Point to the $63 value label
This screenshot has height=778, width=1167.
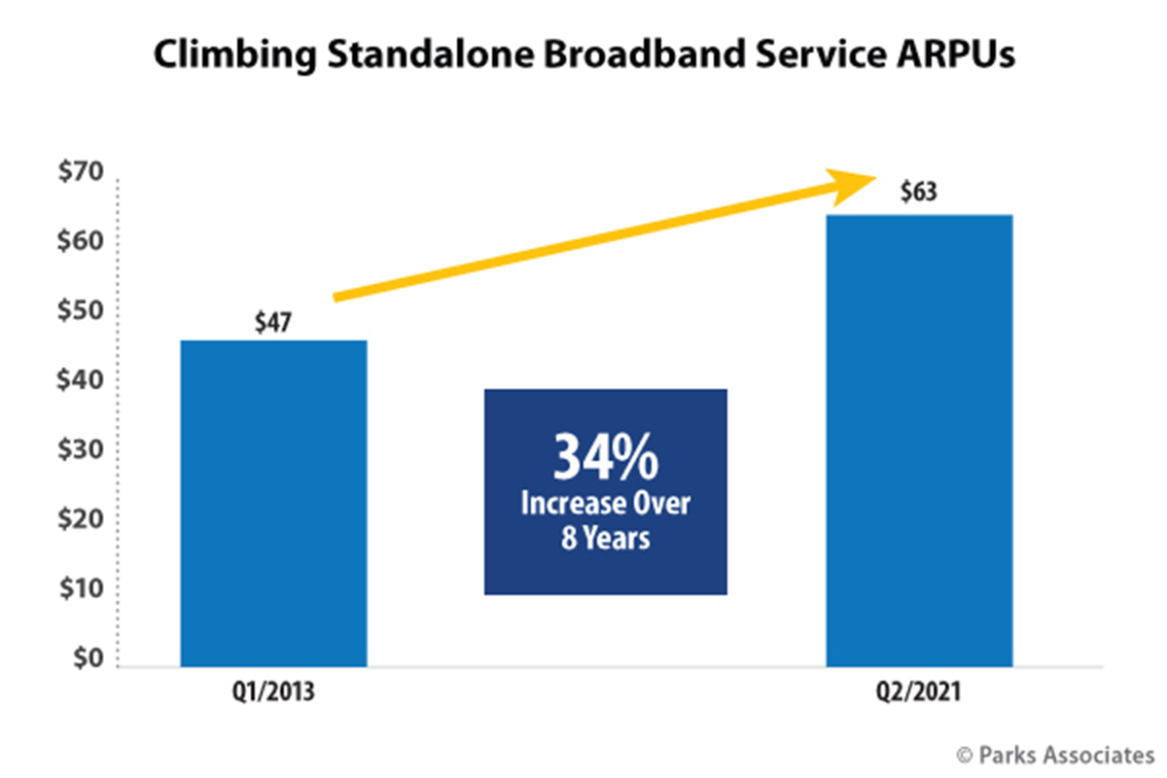919,192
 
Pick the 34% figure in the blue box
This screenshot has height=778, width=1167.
604,457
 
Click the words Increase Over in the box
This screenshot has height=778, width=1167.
605,504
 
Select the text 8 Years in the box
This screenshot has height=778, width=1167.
605,538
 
